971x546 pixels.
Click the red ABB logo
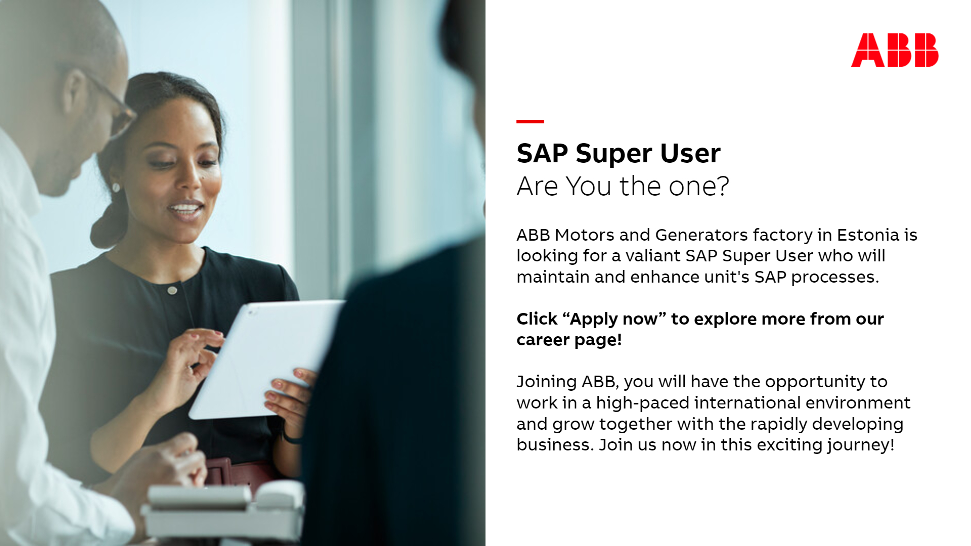895,50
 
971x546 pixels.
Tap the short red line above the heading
530,121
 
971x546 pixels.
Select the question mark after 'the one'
723,186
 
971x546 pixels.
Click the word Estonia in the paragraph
868,235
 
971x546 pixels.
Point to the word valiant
652,256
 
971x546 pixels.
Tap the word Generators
701,235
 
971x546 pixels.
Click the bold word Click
537,319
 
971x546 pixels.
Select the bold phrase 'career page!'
569,340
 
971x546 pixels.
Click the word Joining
546,382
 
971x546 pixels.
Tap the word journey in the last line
858,445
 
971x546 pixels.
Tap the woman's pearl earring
116,188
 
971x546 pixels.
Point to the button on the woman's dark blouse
172,290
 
